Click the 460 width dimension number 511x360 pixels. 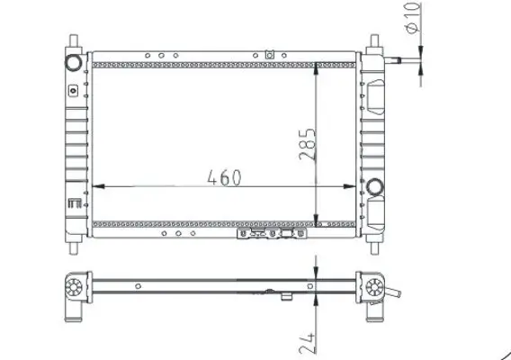pos(224,176)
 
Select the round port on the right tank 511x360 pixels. pos(375,187)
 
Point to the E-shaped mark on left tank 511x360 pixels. pos(72,205)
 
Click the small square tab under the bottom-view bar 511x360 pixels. pos(287,297)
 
